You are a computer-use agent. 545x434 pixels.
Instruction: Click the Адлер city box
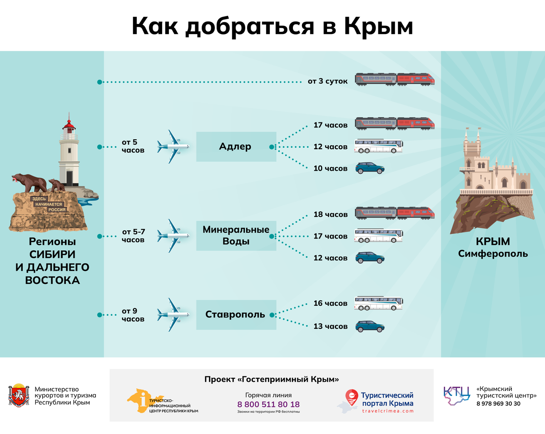(236, 147)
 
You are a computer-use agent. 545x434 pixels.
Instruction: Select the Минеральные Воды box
(236, 236)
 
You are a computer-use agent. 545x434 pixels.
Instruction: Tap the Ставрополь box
(236, 315)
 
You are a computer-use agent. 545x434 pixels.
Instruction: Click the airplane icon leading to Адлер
(173, 147)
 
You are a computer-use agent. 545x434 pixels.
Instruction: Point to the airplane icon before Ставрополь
(173, 315)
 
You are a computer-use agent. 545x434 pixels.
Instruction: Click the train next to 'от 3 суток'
(394, 80)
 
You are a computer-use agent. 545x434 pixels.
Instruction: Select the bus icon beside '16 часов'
(379, 303)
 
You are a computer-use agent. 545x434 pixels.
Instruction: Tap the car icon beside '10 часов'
(370, 168)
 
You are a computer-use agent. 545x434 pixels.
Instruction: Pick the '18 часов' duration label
(330, 215)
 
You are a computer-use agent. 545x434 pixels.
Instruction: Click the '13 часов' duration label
(330, 327)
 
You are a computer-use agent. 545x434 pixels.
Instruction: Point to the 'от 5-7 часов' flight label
(133, 236)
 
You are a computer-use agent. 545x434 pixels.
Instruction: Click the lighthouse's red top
(69, 125)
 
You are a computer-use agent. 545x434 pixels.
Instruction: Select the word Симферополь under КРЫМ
(493, 254)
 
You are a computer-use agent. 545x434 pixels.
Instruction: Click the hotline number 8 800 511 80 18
(268, 404)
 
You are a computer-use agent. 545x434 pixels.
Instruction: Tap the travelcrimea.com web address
(388, 411)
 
